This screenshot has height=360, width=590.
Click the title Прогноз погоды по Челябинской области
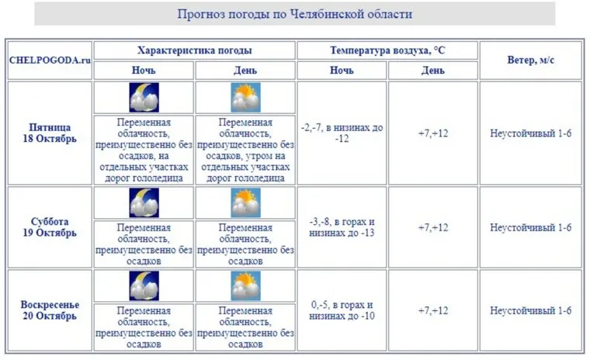[x=294, y=14]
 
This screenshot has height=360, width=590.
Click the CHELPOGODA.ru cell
[x=50, y=60]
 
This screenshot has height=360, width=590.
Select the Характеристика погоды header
[x=194, y=50]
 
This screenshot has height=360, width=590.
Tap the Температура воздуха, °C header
[x=387, y=50]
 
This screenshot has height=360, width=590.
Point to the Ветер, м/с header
[x=531, y=60]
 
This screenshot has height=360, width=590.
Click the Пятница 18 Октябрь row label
[x=50, y=133]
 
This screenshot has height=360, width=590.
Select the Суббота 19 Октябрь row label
[x=50, y=227]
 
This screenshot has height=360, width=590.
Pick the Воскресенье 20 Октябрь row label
[x=50, y=310]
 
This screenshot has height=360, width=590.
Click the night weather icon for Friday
[x=144, y=98]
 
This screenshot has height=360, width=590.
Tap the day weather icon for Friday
[x=245, y=98]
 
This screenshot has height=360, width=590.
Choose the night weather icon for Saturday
[x=144, y=202]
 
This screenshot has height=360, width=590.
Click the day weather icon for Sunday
[x=245, y=286]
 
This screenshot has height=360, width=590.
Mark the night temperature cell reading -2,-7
[x=342, y=133]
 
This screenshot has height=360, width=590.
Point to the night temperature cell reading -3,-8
[x=342, y=227]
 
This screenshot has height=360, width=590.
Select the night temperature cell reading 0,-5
[x=342, y=310]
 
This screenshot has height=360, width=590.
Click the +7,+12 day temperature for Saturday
[x=433, y=227]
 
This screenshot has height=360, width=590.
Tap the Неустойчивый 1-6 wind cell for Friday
[x=531, y=133]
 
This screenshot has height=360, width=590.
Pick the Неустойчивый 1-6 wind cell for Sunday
[x=531, y=310]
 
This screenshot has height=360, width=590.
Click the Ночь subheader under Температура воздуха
[x=342, y=70]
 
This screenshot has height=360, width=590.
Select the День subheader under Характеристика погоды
[x=245, y=70]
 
